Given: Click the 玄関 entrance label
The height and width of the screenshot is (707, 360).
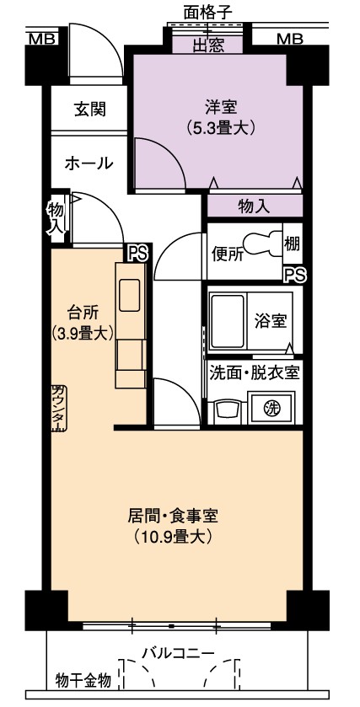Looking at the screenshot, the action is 90,109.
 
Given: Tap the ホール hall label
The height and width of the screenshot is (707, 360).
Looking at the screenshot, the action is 89,163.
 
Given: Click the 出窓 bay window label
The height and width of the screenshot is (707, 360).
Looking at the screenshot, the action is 209,46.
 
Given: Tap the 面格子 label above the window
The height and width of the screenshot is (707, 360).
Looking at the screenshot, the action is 207,12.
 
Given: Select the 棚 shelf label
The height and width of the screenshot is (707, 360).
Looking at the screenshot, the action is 293,244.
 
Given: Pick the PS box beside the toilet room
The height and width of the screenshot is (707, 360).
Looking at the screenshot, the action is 295,274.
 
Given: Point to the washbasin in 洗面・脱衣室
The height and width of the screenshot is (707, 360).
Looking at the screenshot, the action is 227,411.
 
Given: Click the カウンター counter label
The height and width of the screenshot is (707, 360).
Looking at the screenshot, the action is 58,408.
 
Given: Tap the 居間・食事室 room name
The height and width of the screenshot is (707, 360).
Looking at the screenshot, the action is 174,516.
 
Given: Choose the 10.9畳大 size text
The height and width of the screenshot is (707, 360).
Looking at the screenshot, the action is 174,537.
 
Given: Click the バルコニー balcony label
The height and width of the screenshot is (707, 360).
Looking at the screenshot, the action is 179,652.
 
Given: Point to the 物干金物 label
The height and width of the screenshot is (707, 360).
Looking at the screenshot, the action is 83,680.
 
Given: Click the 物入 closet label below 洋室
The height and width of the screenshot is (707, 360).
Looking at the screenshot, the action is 254,206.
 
